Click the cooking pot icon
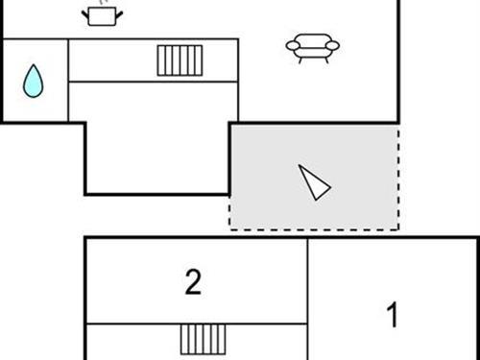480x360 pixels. coord(102,15)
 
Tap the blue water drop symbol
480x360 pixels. coord(34,82)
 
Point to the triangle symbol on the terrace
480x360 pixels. coord(313,181)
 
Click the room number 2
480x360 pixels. coord(194,282)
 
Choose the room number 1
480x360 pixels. coord(392,314)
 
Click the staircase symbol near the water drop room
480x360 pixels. coord(180,60)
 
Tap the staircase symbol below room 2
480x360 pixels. coord(204,340)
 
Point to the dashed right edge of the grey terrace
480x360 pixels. coord(398,178)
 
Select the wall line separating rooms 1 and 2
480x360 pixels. coord(307,298)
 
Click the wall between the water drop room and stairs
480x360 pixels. coord(68,81)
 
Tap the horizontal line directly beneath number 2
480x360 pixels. coord(196,324)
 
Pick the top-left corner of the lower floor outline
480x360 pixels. coord(85,238)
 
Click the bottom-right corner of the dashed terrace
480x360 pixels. coord(398,229)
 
